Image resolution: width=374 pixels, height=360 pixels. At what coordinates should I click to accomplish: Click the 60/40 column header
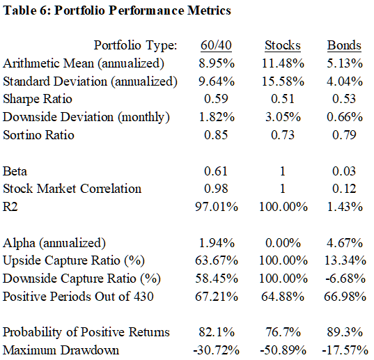[216, 45]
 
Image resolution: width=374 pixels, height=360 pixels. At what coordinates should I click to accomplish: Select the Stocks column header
[283, 45]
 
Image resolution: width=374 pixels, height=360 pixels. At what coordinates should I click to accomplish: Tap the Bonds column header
[344, 45]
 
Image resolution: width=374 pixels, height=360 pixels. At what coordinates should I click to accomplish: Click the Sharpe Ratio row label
[38, 99]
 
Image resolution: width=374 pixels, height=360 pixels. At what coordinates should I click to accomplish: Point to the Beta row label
[15, 171]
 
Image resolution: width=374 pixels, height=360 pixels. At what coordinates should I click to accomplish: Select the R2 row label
[10, 207]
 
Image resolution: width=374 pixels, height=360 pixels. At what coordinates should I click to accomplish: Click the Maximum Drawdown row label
[61, 350]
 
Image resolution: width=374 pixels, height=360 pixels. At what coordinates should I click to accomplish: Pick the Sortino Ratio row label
[38, 135]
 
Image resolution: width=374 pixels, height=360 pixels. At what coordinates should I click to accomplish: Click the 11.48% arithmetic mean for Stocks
[283, 63]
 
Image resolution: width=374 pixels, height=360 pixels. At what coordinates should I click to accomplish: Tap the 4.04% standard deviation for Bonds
[345, 81]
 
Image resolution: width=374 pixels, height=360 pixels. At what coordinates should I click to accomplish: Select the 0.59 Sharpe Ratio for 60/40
[216, 99]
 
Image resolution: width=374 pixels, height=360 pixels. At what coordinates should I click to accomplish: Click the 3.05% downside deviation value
[283, 117]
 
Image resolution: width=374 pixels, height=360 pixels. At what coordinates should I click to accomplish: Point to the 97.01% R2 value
[217, 207]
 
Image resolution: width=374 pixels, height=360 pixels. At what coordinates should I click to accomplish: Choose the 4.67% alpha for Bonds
[345, 243]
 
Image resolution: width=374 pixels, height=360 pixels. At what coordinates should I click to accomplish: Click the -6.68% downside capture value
[345, 279]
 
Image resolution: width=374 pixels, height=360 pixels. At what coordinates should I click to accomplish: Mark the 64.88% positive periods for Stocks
[283, 297]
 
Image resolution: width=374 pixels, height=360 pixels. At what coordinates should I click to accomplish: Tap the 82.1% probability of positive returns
[217, 332]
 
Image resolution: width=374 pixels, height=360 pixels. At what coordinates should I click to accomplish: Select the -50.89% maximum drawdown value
[283, 350]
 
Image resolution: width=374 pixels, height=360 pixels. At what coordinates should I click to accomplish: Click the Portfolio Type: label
[135, 45]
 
